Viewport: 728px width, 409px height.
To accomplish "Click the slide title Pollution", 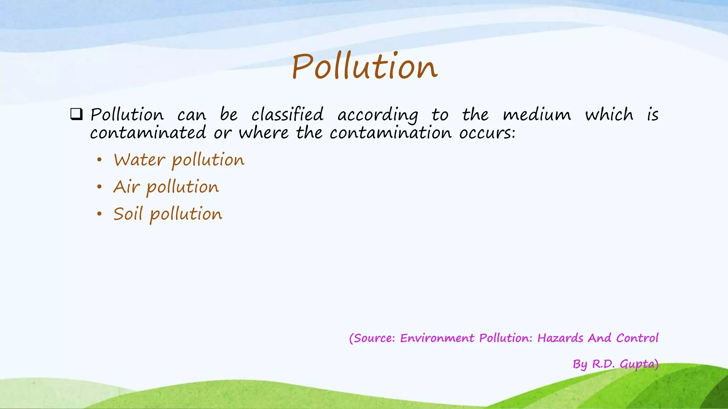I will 364,66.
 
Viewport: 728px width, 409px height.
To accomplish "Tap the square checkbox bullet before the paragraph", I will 76,114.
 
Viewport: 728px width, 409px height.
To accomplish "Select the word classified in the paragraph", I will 288,115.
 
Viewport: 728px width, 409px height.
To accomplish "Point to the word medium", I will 537,115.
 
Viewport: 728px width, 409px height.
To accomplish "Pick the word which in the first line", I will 609,115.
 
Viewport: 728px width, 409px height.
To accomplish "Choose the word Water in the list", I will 139,160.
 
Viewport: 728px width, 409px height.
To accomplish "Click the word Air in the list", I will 126,187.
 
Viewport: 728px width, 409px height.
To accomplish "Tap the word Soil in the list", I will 128,214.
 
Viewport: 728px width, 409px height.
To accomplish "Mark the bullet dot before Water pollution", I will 100,160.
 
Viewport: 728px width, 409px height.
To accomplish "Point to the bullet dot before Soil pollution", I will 100,214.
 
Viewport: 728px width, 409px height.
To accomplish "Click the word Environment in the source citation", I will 437,338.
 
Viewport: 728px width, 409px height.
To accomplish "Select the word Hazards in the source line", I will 560,338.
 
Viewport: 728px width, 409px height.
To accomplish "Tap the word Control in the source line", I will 637,338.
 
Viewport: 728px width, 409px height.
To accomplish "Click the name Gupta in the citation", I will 638,364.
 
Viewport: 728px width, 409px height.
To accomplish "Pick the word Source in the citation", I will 374,338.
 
